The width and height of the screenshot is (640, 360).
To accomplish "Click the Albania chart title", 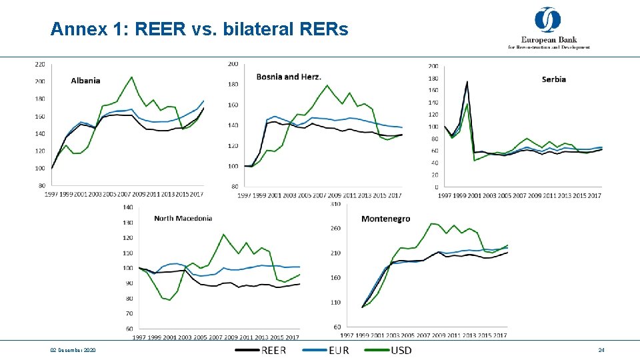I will (85, 81).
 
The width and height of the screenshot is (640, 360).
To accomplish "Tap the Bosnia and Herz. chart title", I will (289, 77).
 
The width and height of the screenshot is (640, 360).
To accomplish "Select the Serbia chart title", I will (554, 79).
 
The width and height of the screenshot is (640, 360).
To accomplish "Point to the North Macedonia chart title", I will (183, 218).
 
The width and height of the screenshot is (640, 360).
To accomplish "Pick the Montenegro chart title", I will (385, 219).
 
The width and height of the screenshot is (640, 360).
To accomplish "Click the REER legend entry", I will (273, 350).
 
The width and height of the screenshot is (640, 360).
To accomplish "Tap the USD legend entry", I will (401, 350).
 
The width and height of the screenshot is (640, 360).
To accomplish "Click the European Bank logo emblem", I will (548, 19).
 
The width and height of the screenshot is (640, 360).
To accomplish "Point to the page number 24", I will (601, 350).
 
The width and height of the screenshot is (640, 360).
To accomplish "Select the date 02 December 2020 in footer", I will (73, 350).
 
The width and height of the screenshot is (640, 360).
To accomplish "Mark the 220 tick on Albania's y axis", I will (40, 65).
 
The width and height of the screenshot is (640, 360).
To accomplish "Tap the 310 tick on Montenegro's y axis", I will (335, 204).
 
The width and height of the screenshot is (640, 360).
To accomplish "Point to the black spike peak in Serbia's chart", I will (467, 82).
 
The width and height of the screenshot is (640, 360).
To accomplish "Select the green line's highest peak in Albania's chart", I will (131, 77).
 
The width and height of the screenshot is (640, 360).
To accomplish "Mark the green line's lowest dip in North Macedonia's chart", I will (169, 300).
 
